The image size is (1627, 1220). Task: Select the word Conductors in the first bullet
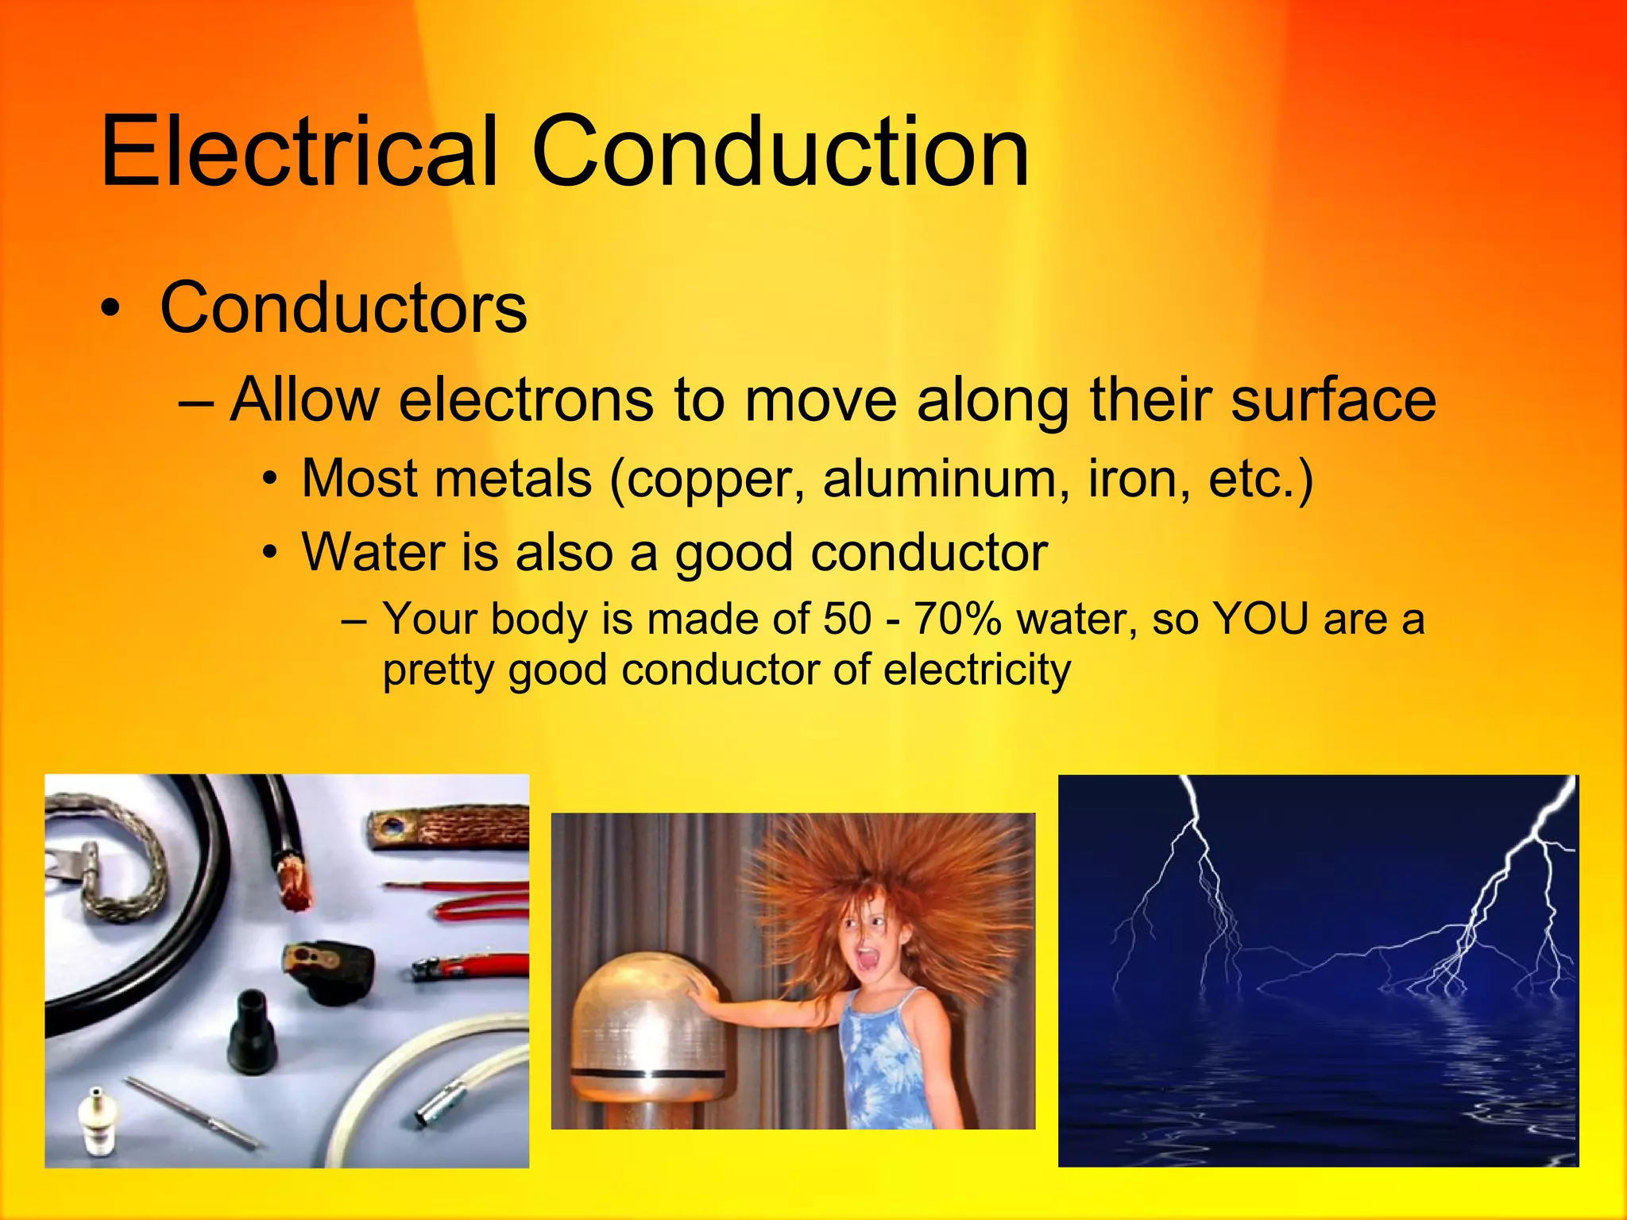coord(343,308)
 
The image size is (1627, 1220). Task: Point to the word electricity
coord(977,671)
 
